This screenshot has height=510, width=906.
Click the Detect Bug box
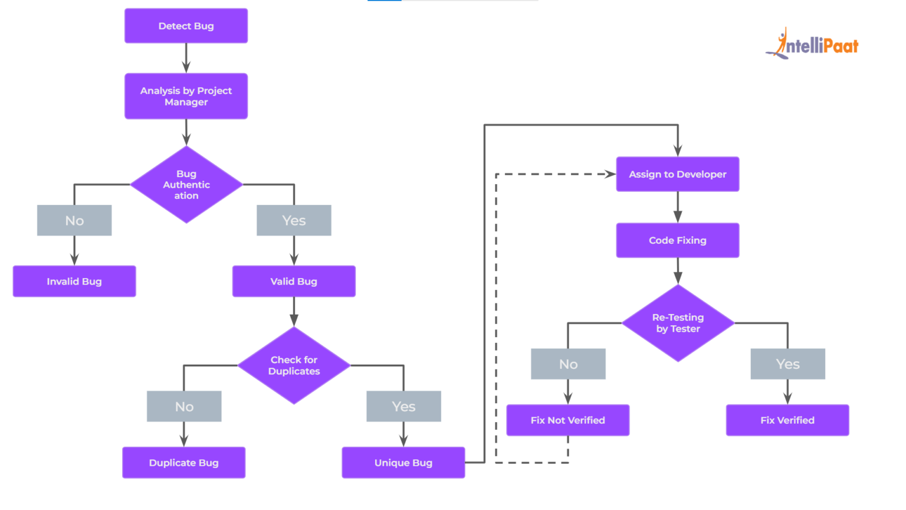(186, 26)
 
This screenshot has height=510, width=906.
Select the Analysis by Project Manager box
(186, 96)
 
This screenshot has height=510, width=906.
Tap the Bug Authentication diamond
(186, 185)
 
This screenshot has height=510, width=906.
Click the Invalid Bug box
(74, 282)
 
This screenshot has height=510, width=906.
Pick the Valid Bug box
(294, 282)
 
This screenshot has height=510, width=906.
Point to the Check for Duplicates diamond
(294, 365)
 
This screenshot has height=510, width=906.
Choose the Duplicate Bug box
(183, 463)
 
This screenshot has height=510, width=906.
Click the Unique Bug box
(403, 463)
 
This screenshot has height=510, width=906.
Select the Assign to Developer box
(677, 174)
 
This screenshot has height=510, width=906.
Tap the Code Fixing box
(677, 240)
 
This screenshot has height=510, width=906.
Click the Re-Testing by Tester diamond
(678, 323)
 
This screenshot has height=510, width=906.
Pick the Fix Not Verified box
(567, 420)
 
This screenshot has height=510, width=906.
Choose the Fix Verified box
(787, 420)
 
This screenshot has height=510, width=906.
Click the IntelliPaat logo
(813, 44)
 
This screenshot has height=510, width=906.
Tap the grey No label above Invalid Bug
(74, 221)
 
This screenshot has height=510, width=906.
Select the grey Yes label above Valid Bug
(294, 221)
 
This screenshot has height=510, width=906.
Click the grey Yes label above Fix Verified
(787, 364)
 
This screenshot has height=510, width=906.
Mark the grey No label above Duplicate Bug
(184, 407)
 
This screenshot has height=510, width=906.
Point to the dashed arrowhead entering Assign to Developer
(610, 174)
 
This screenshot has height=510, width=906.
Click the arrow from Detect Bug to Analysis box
(186, 58)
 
